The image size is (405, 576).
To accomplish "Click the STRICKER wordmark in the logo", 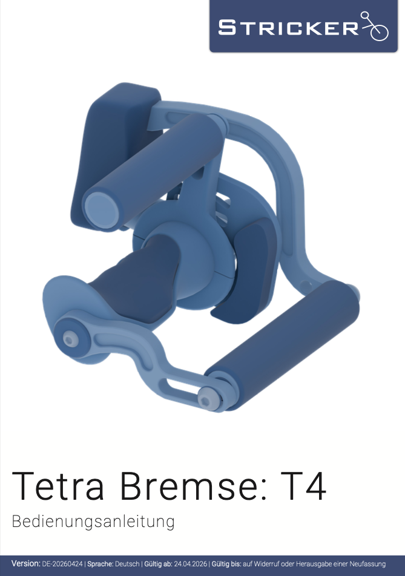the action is [x=288, y=28].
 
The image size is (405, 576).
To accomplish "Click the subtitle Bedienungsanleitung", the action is [x=93, y=522].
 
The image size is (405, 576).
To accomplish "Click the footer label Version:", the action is [x=25, y=563].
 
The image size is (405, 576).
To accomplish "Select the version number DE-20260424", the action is [x=62, y=564].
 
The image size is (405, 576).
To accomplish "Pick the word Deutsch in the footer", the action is [x=127, y=564].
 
